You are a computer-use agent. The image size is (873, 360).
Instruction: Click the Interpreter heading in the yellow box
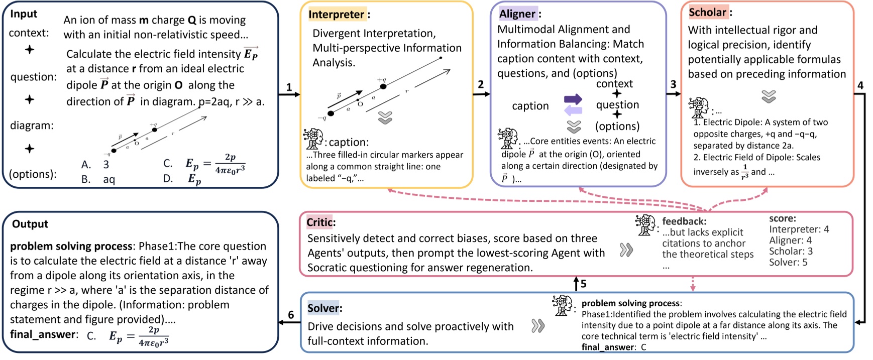tap(337, 14)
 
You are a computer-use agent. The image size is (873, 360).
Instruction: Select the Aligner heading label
tap(517, 14)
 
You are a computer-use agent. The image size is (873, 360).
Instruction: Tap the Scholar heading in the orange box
tap(708, 12)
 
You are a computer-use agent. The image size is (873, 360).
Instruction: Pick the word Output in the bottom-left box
tap(30, 224)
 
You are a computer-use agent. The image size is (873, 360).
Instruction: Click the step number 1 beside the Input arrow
tap(289, 87)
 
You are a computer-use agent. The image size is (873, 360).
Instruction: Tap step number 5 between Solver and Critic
tap(583, 284)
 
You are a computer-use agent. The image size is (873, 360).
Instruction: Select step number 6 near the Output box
tap(291, 315)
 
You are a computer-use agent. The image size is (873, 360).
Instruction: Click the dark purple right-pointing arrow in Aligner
tap(573, 99)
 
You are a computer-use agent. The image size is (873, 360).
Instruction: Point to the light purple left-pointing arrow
tap(573, 110)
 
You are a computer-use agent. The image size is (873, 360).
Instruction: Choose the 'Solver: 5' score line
tap(788, 262)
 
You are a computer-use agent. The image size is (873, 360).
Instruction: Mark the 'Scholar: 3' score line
tap(791, 251)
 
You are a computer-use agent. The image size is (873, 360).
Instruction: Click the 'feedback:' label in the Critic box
tap(684, 221)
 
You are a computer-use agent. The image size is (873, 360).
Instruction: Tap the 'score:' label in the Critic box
tap(783, 218)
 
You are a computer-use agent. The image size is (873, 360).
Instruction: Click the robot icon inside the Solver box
tap(562, 305)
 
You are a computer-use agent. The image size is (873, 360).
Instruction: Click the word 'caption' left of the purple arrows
tap(530, 106)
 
